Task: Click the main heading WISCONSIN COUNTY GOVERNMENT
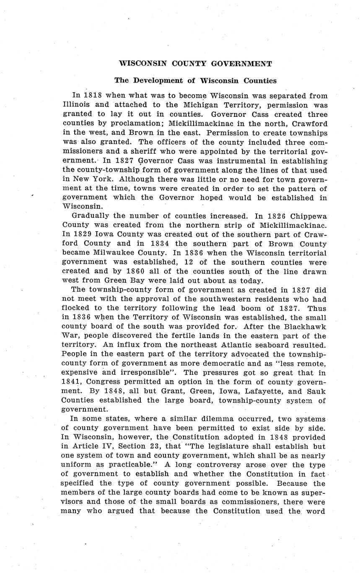tap(196, 64)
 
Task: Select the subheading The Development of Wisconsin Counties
tap(196, 80)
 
